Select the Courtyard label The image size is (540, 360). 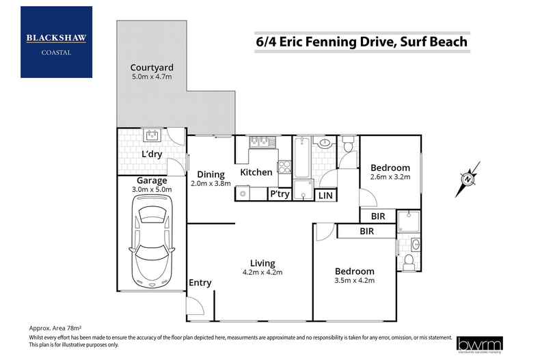tap(152, 68)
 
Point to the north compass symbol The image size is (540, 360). tap(468, 178)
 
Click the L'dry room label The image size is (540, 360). tap(152, 154)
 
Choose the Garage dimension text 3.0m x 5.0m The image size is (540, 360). tap(152, 190)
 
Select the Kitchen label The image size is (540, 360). tap(256, 172)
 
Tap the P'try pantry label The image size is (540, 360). tap(280, 195)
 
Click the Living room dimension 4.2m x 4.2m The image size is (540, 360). tap(262, 272)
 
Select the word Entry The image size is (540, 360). tap(200, 283)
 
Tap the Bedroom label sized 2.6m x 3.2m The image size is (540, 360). tap(390, 168)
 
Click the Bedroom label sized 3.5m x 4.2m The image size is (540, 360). tap(355, 271)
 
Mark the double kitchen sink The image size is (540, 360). tap(258, 141)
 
